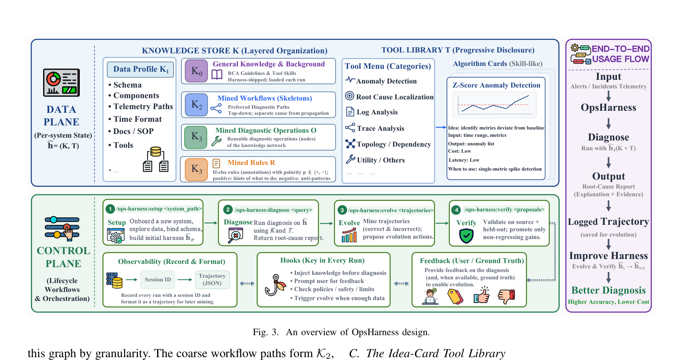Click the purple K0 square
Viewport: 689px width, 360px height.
click(196, 71)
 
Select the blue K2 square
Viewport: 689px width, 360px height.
click(196, 105)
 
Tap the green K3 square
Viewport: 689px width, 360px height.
click(196, 137)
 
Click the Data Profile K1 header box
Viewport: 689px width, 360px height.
click(140, 69)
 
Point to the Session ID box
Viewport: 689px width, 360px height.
click(158, 279)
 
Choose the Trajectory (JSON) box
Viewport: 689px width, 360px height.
click(212, 279)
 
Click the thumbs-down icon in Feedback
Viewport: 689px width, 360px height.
click(506, 296)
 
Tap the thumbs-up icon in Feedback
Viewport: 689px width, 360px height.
click(482, 295)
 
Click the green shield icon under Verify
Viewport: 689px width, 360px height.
click(466, 236)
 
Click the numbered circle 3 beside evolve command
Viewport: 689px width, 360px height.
click(342, 210)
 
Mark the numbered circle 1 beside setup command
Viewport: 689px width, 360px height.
click(110, 209)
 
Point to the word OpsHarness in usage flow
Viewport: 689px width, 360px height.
click(608, 108)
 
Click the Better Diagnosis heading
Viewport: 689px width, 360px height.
click(608, 290)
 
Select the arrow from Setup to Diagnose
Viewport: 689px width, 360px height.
click(211, 223)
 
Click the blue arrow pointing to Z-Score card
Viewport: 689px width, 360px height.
click(441, 127)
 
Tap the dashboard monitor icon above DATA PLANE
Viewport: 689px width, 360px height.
click(61, 82)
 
